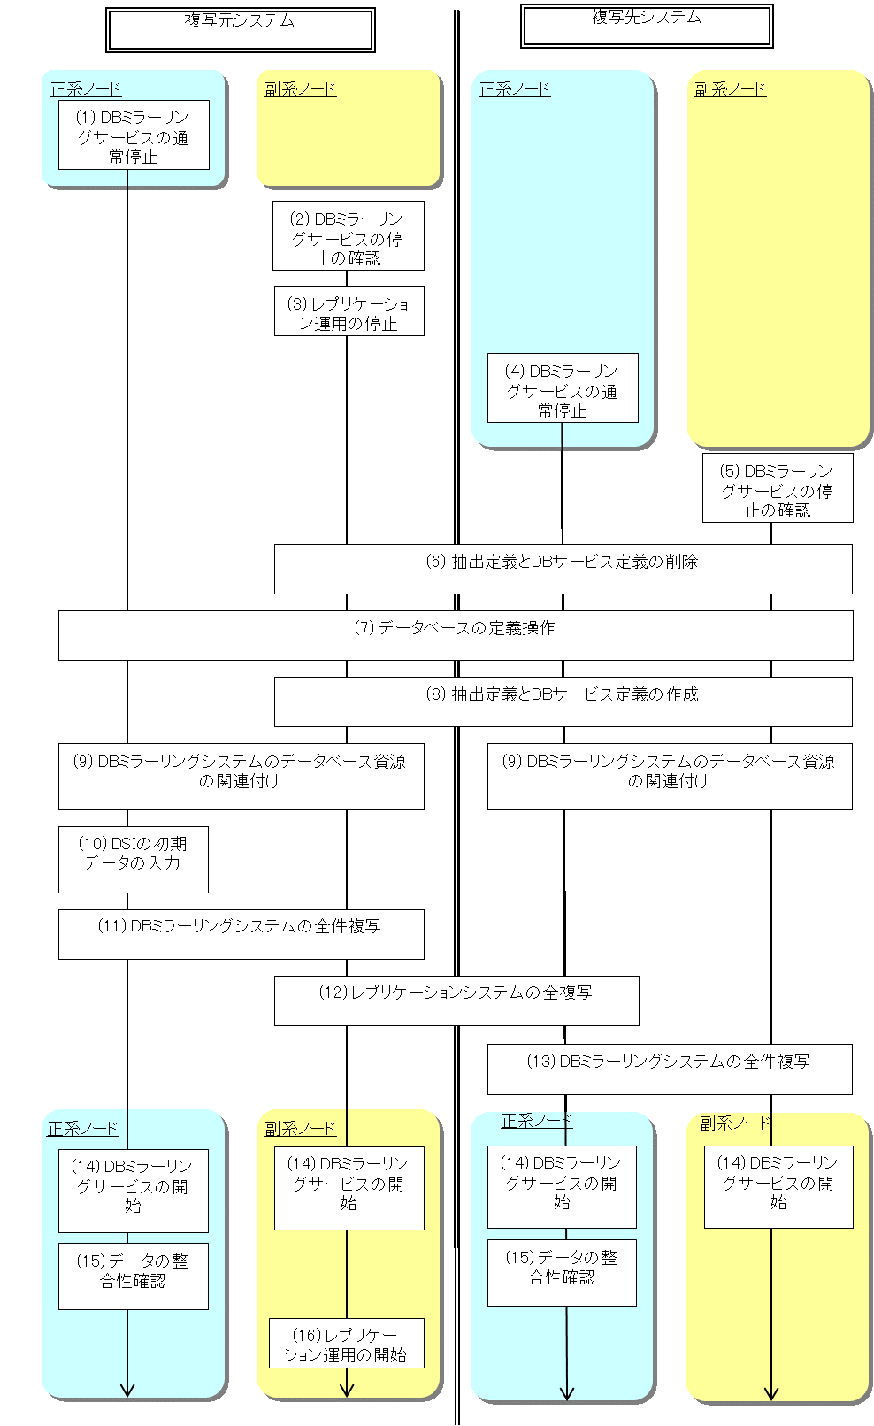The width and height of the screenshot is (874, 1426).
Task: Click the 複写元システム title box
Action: (x=240, y=29)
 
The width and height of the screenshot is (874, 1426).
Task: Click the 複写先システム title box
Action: (x=647, y=26)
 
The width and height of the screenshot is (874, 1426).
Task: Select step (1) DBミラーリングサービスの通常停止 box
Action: (x=134, y=135)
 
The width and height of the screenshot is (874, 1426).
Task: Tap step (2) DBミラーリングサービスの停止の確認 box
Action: (x=348, y=236)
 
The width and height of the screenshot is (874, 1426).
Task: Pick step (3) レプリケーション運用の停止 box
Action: (x=349, y=311)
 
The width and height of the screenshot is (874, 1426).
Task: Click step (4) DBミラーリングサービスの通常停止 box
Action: (x=563, y=388)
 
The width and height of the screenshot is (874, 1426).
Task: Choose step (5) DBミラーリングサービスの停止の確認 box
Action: (x=778, y=488)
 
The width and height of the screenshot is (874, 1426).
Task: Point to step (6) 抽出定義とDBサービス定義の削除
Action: (x=563, y=568)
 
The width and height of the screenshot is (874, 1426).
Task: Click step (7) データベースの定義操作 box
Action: (x=456, y=634)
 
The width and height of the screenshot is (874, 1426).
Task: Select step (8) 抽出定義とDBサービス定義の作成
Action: (x=563, y=701)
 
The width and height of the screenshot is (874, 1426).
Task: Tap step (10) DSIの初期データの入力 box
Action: (x=134, y=859)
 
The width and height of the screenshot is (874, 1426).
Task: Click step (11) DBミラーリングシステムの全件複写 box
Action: (x=241, y=933)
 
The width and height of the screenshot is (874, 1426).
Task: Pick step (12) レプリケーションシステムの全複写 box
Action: (x=456, y=1000)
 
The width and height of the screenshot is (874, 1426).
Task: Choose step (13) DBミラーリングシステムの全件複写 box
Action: (x=670, y=1069)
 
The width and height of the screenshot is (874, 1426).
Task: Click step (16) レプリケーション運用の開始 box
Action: (x=347, y=1343)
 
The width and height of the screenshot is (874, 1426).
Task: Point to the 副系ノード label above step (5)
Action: (x=730, y=89)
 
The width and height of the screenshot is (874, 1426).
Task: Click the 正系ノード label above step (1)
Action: (x=86, y=89)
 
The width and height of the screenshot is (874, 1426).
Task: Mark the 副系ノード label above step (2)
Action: (x=301, y=89)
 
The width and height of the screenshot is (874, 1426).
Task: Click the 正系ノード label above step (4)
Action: (x=515, y=89)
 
